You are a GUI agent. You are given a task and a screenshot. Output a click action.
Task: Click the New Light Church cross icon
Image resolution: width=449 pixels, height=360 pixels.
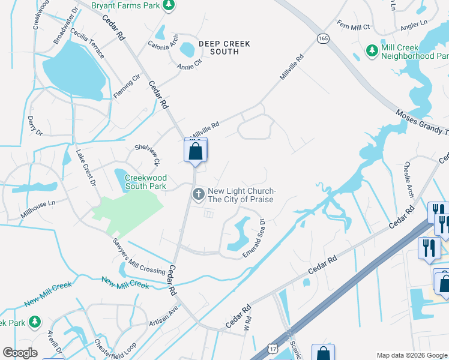pos(198,194)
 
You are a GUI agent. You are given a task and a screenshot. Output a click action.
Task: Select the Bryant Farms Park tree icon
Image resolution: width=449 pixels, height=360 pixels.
pos(169,5)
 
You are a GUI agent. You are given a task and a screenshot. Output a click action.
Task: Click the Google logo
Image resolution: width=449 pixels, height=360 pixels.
pos(20,353)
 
